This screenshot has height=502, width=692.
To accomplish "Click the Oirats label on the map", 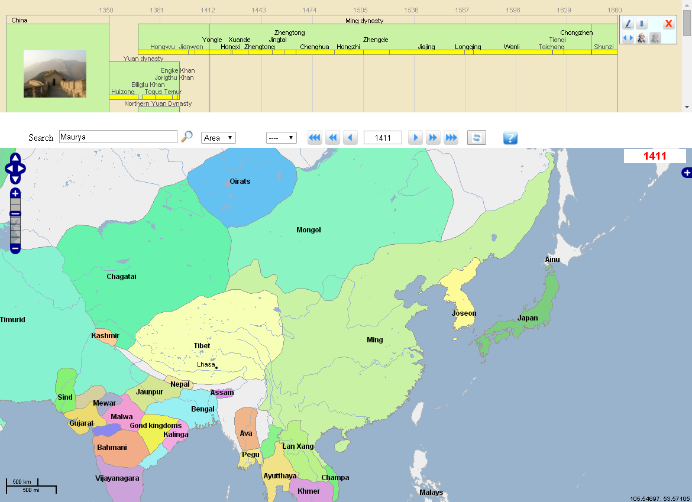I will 240,182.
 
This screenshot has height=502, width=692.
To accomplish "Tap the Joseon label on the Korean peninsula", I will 464,313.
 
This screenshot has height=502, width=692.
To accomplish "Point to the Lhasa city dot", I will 216,368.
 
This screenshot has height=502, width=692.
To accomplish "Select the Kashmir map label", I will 105,336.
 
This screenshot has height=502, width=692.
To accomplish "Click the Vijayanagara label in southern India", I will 117,478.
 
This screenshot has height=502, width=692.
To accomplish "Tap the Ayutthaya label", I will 280,476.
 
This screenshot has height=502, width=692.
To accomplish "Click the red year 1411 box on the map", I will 655,156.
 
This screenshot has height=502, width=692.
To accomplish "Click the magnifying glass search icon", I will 187,137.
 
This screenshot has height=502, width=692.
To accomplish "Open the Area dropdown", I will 218,138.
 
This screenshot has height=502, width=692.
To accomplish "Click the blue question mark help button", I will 510,138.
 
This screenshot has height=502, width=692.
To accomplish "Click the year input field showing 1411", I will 383,138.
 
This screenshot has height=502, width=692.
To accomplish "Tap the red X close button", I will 668,24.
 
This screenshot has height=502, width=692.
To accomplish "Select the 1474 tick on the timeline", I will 309,10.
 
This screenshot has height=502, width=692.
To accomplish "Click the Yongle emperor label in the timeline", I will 212,40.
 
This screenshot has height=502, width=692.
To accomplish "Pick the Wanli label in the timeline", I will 512,47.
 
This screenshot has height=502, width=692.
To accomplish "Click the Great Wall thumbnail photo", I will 55,74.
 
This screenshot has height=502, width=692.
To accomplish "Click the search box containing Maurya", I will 118,137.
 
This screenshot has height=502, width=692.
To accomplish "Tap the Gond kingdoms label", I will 156,426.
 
